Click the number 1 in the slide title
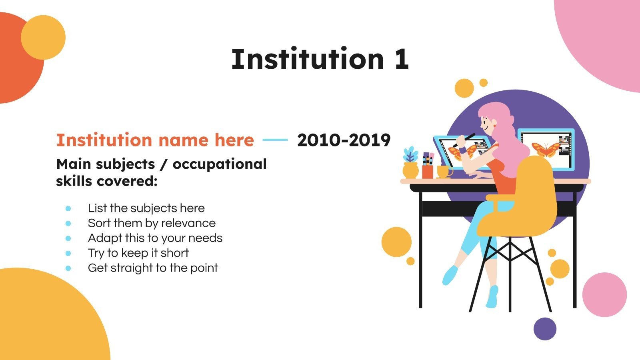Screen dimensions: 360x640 (x=400, y=59)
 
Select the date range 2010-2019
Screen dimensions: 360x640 (x=344, y=140)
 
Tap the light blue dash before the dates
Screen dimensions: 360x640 (x=275, y=140)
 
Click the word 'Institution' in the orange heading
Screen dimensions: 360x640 (x=104, y=140)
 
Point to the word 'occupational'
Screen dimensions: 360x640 (x=220, y=164)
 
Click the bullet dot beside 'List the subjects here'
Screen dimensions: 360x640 (x=68, y=208)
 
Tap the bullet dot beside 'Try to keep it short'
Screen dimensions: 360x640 (x=68, y=253)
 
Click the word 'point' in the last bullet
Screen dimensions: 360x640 (x=204, y=268)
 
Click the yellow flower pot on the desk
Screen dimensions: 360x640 (x=410, y=170)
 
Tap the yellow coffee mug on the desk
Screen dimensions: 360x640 (x=444, y=171)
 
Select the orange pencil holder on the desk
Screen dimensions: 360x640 (x=428, y=171)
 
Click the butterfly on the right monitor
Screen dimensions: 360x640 (x=545, y=149)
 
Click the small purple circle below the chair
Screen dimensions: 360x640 (x=545, y=329)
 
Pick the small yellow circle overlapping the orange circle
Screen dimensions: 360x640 (x=43, y=37)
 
